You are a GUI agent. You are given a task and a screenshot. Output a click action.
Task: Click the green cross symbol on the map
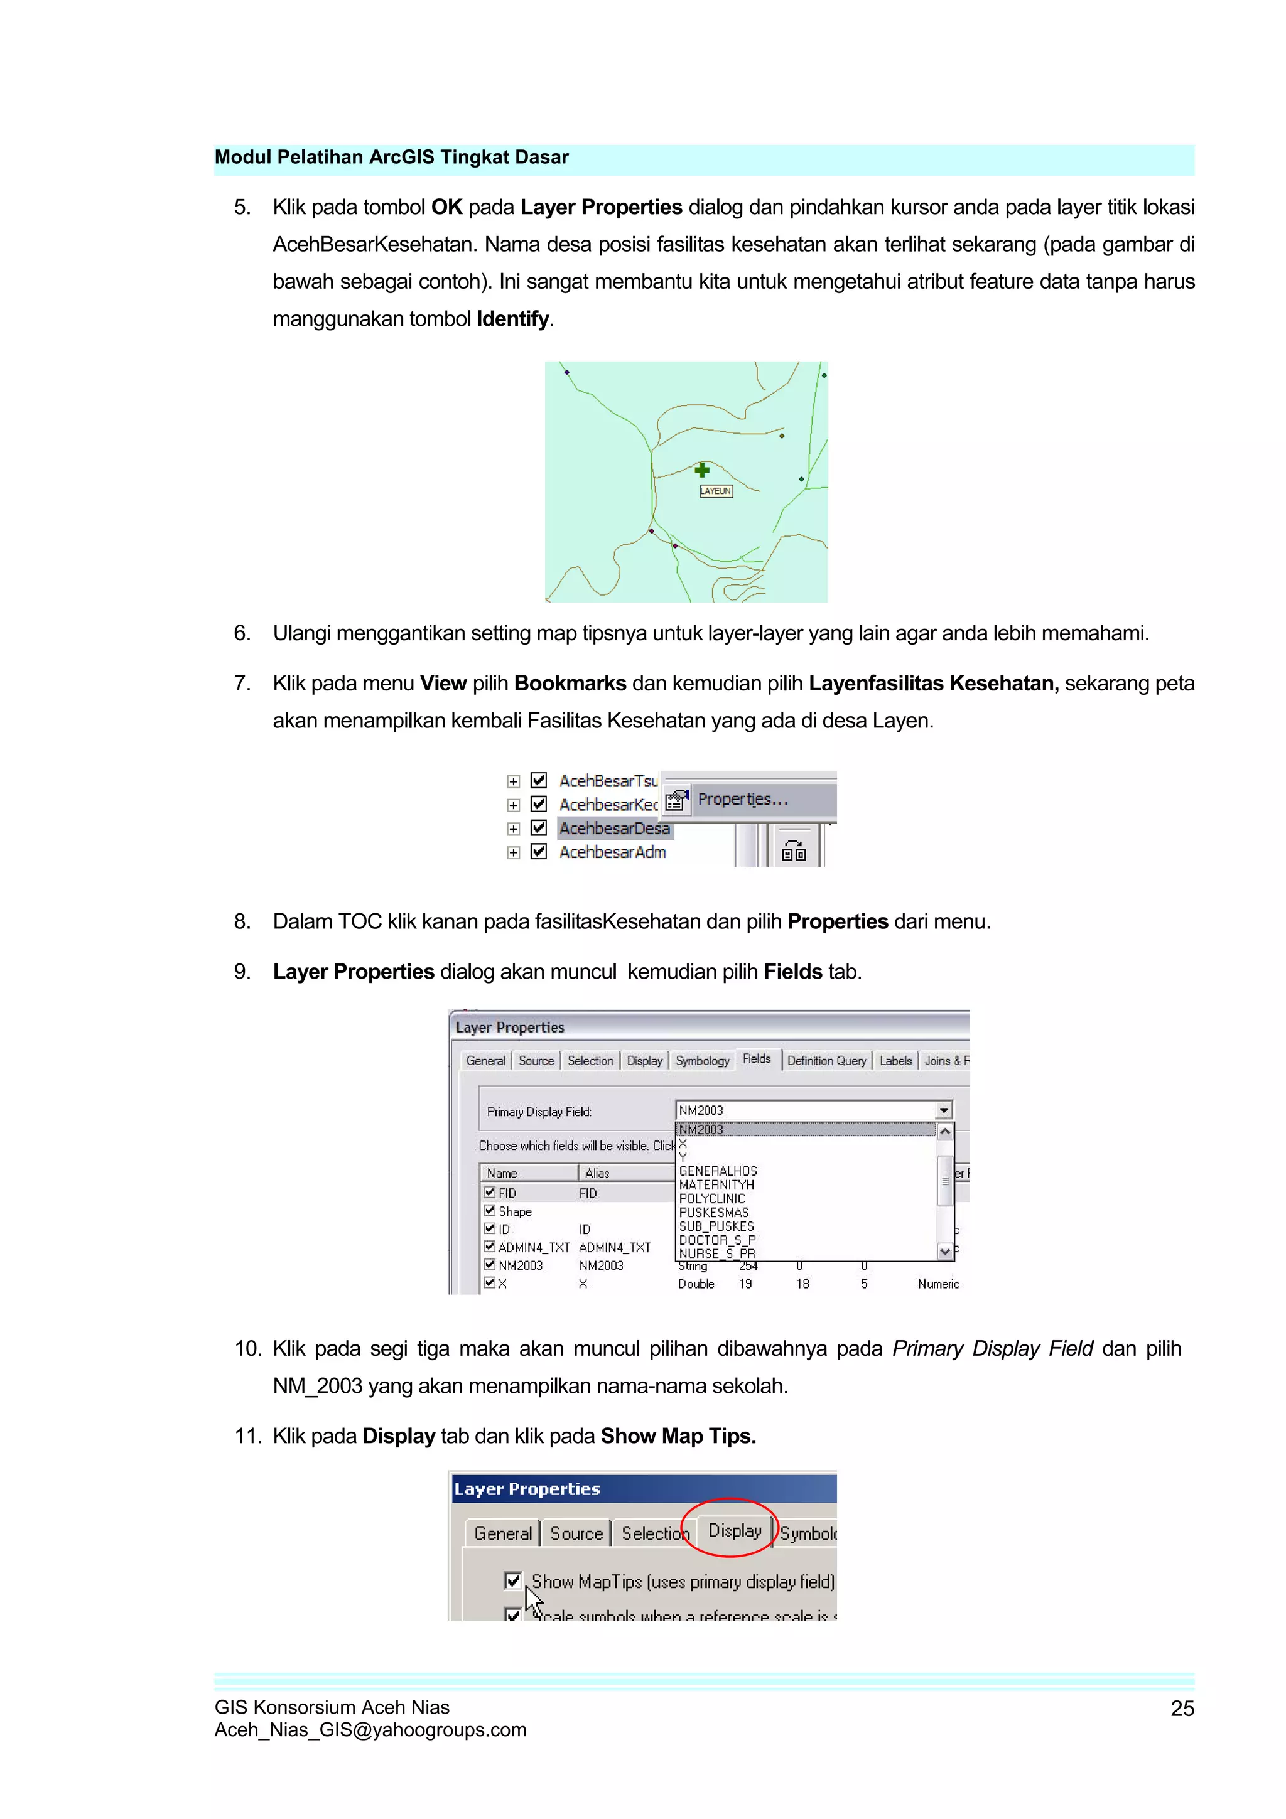(x=702, y=470)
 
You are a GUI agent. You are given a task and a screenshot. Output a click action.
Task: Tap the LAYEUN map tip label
(x=715, y=491)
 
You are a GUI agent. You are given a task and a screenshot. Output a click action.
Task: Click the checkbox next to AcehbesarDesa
(x=539, y=828)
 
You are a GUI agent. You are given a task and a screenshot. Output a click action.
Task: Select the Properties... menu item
(x=742, y=800)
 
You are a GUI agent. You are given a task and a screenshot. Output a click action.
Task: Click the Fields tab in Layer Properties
(x=756, y=1060)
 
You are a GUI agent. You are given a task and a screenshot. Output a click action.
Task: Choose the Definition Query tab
(x=826, y=1061)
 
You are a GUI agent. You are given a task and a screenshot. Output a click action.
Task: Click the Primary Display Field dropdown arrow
(x=943, y=1111)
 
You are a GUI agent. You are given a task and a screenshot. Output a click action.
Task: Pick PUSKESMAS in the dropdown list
(x=713, y=1212)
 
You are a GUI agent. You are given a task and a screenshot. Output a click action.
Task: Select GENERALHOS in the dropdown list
(x=718, y=1171)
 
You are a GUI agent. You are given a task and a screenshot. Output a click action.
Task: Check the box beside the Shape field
(x=490, y=1211)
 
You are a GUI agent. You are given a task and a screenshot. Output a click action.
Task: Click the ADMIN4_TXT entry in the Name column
(x=533, y=1247)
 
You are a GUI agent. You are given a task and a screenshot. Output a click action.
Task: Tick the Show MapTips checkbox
(x=512, y=1580)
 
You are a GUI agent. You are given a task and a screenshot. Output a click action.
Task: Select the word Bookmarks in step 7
(x=570, y=683)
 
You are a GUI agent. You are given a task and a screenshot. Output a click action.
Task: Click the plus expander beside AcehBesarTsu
(x=514, y=781)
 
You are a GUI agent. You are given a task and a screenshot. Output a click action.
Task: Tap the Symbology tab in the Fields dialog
(x=702, y=1061)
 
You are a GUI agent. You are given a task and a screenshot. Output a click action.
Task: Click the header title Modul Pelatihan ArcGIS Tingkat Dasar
(x=391, y=157)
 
